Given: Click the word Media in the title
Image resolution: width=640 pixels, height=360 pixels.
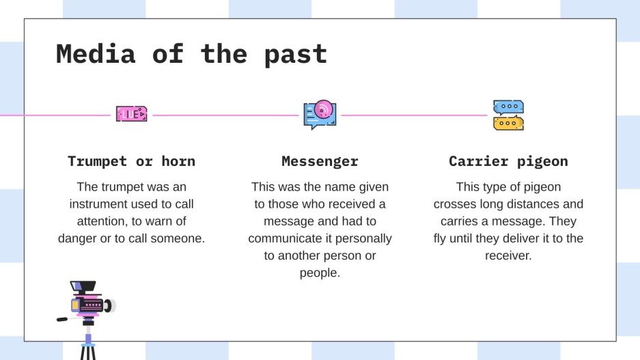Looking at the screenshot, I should [x=96, y=54].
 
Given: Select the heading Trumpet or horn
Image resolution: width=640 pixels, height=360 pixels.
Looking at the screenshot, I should [x=131, y=162].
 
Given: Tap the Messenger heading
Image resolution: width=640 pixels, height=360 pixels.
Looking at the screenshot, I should [x=320, y=162].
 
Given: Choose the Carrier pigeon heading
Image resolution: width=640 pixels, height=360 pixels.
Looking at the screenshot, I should [x=508, y=162].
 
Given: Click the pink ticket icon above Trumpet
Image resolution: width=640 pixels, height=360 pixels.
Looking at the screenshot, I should [x=131, y=114].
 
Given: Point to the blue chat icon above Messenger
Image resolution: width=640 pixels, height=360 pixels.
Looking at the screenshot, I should [x=320, y=115].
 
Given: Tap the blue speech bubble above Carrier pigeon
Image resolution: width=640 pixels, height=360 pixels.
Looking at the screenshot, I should [x=508, y=107].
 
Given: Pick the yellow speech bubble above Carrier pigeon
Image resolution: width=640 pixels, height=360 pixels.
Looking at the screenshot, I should [x=508, y=123].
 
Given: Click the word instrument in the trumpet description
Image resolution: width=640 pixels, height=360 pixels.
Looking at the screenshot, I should [x=104, y=204].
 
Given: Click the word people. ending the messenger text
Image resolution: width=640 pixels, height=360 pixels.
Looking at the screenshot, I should [x=320, y=273].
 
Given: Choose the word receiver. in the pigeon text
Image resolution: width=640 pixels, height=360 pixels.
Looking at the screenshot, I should [x=508, y=255].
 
